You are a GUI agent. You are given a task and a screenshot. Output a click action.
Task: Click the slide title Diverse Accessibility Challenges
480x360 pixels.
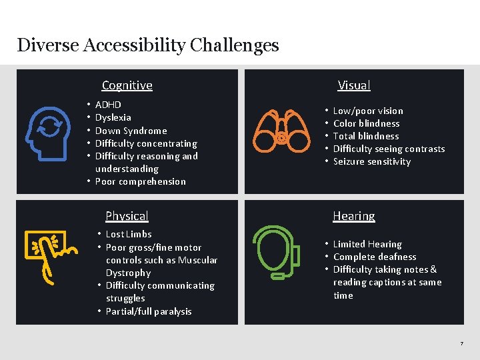click(x=148, y=45)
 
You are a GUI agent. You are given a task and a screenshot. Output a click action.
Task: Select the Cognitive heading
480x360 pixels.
click(x=127, y=85)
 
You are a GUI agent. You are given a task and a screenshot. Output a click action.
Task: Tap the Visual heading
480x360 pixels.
click(x=354, y=85)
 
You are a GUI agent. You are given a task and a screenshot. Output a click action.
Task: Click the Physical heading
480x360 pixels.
click(x=127, y=216)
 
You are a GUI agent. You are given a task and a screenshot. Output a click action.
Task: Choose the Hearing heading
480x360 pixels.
click(x=354, y=216)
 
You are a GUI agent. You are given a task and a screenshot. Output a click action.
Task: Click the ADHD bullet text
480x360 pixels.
click(x=108, y=105)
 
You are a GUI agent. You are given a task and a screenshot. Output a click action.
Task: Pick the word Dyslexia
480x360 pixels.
click(x=113, y=117)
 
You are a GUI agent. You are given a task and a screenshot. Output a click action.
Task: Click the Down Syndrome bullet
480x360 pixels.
click(x=131, y=131)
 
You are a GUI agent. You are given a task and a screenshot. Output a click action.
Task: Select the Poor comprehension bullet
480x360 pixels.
click(x=140, y=181)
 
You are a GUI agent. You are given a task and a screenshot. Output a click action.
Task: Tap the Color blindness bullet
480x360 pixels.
click(x=366, y=123)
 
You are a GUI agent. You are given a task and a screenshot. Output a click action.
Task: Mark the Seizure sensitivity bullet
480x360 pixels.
click(x=371, y=161)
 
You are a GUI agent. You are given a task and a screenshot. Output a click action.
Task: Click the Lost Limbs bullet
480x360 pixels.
click(x=129, y=234)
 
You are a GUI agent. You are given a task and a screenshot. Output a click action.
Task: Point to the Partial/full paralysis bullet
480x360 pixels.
click(x=148, y=311)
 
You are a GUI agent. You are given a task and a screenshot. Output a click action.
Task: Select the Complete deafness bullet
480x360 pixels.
click(x=374, y=257)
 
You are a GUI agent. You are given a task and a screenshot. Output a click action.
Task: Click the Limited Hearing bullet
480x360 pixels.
click(x=367, y=244)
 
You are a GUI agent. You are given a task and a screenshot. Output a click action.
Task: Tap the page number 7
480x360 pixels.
click(x=461, y=343)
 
